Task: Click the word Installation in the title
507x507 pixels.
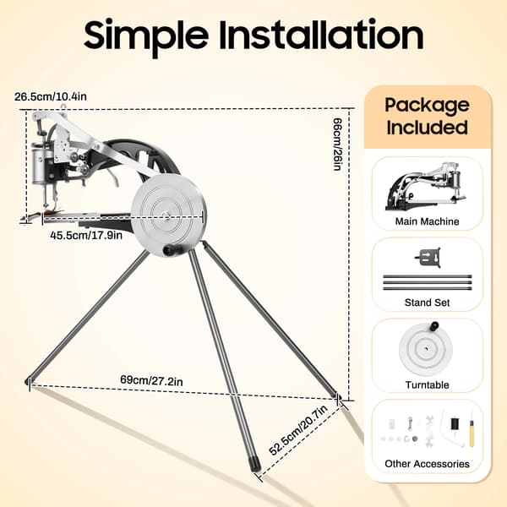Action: [321, 34]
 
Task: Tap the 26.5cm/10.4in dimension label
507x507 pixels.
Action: [51, 96]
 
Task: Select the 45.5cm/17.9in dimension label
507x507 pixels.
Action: [86, 235]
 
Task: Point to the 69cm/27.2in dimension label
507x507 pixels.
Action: [151, 380]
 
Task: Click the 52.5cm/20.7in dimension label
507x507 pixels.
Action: [298, 429]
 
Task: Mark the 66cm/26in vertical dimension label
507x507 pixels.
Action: [337, 144]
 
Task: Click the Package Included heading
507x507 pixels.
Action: [427, 116]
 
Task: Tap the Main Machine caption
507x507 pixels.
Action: [427, 221]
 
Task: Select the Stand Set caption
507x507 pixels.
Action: [427, 303]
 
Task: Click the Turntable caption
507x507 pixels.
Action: [427, 384]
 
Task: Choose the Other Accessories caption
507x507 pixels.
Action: [427, 464]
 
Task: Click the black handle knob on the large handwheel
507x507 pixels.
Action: [171, 249]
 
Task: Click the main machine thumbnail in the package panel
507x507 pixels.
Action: [424, 187]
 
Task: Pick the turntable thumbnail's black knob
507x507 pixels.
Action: [434, 326]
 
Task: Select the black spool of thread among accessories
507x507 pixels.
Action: [455, 423]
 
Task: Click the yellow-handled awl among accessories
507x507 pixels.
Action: [472, 430]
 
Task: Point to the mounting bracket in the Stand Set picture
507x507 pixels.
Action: [428, 258]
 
